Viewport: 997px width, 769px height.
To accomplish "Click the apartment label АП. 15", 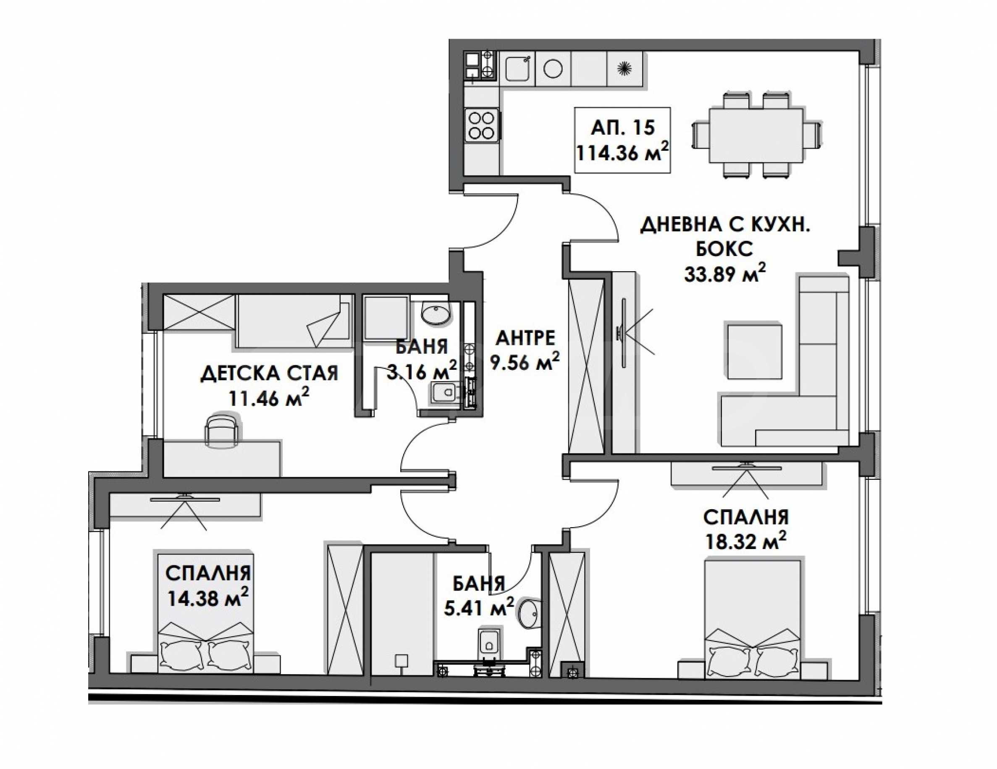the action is point(622,128).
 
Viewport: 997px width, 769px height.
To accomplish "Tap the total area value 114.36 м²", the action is point(622,152).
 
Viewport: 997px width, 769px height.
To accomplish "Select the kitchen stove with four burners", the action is point(482,125).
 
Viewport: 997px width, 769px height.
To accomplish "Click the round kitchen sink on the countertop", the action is point(553,69).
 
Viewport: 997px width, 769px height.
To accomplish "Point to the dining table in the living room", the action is point(756,135).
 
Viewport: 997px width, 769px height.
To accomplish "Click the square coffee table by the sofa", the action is point(755,351).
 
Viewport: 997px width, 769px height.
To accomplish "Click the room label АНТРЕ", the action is point(525,338).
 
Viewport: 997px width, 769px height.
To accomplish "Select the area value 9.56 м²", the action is point(525,363).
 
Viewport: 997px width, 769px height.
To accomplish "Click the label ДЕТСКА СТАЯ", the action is point(269,374).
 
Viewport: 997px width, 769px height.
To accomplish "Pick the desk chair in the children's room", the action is point(222,429).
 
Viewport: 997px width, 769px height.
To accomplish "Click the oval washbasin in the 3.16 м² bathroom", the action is point(435,314).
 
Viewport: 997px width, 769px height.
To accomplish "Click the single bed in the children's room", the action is point(295,321).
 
